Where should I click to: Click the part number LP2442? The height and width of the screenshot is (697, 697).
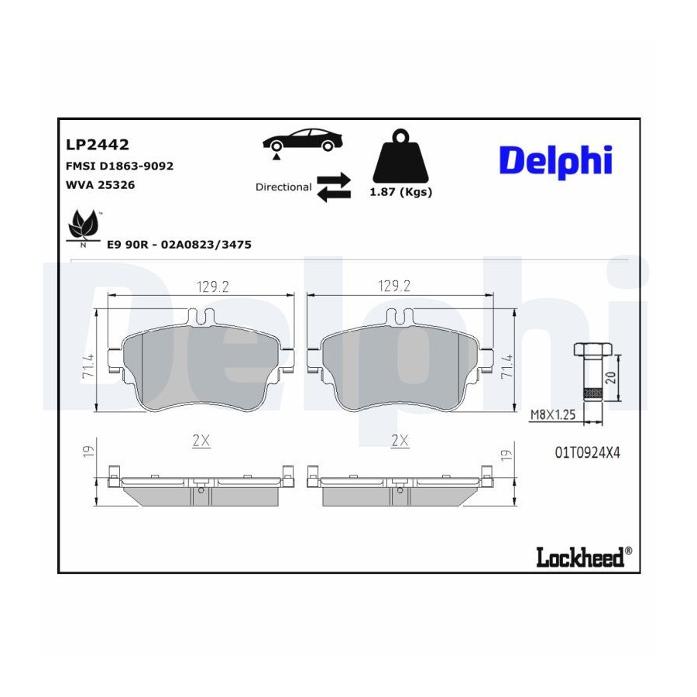tap(98, 145)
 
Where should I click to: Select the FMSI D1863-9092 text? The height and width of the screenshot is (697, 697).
tap(119, 166)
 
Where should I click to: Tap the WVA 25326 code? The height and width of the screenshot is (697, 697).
tap(101, 185)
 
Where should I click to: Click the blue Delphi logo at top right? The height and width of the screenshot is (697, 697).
tap(555, 160)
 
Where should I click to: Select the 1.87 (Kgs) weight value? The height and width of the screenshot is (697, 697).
tap(401, 192)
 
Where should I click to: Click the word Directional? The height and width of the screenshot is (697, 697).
tap(283, 187)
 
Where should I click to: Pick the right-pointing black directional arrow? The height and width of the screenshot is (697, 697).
tap(334, 180)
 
